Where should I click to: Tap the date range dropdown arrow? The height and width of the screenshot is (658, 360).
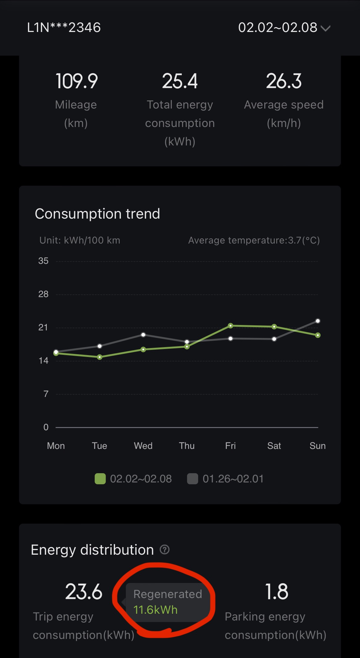coord(325,28)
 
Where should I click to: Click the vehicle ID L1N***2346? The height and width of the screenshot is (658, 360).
coord(64,28)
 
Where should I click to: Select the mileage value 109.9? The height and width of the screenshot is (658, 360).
coord(77,81)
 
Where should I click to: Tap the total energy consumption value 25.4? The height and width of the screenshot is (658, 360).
coord(180,81)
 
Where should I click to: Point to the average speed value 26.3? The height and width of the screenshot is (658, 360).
coord(284,81)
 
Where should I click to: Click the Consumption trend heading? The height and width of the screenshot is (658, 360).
coord(97,214)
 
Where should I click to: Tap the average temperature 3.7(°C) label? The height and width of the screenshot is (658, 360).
coord(254,240)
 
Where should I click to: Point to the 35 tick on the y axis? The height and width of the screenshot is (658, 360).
coord(43,261)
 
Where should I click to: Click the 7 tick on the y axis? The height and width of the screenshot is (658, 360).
coord(46,394)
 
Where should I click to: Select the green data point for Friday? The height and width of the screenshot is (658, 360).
coord(230,326)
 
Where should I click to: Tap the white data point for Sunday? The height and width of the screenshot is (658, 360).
coord(318,321)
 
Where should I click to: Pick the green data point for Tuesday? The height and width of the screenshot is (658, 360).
coord(100,357)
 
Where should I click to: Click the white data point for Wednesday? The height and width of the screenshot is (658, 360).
coord(143,335)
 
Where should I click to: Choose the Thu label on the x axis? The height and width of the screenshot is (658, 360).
coord(187,446)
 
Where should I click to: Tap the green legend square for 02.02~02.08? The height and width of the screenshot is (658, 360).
coord(100,479)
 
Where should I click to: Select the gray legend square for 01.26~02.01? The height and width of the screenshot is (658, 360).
coord(193,479)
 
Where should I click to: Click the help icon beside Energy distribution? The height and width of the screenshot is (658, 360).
coord(165,549)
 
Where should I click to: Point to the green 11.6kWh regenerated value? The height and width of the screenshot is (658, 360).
coord(155,610)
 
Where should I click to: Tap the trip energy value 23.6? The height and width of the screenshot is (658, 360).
coord(84,592)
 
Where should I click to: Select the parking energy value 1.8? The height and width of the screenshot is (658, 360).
coord(277,592)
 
